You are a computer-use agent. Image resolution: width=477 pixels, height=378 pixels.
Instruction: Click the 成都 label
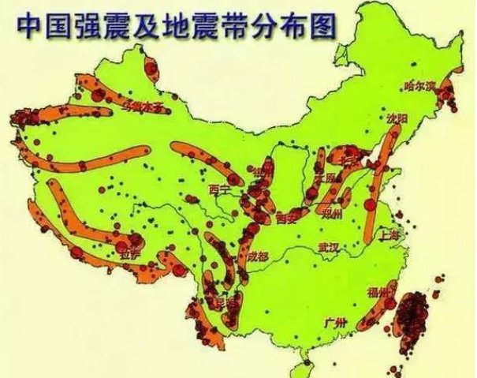[x=256, y=256]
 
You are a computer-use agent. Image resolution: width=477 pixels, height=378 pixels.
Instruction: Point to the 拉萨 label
[x=128, y=255]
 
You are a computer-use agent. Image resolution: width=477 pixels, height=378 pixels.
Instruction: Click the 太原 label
[x=325, y=178]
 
